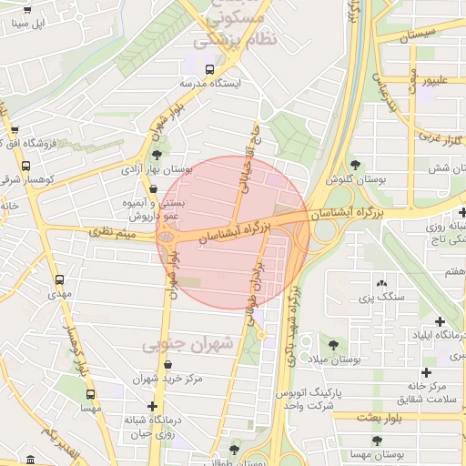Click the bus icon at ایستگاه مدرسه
210,69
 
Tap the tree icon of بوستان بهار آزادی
160,154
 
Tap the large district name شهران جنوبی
187,344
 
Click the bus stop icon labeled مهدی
60,279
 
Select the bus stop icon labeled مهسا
90,395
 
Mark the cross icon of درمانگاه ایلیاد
441,321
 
